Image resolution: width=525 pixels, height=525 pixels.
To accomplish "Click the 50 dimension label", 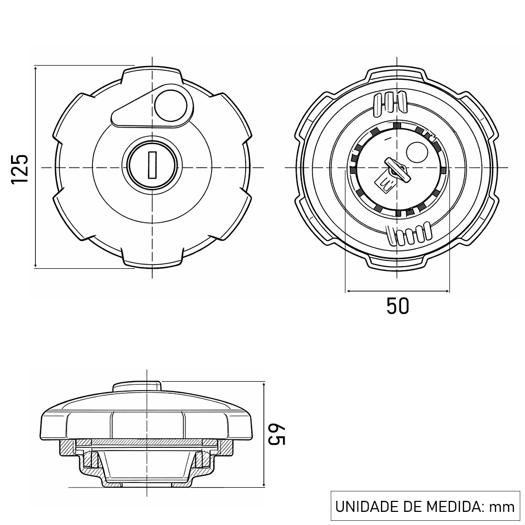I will (397, 306).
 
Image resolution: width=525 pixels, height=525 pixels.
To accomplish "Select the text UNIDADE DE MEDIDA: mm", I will (425, 507).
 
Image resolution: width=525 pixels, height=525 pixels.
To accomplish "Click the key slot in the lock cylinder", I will (152, 164).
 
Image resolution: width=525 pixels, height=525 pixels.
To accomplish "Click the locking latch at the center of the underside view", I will (393, 172).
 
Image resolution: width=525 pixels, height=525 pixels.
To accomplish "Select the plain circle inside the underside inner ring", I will (417, 153).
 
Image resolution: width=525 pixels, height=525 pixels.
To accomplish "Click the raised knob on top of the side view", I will (136, 386).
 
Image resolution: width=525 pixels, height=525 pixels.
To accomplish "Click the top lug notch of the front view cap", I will (152, 73).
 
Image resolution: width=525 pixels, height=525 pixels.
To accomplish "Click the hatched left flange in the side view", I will (67, 448).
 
